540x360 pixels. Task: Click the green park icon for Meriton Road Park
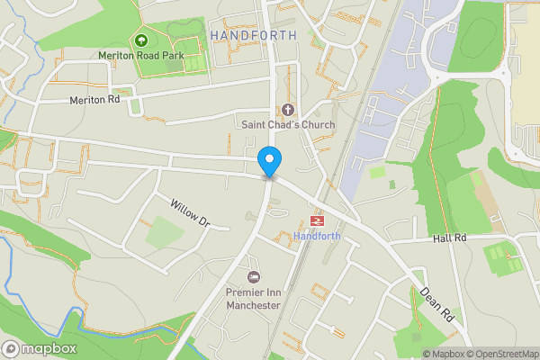[139, 40]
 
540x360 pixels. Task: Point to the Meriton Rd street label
[94, 100]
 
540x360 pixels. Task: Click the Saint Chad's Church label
[287, 124]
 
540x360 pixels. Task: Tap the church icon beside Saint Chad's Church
[287, 110]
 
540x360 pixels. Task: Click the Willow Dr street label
[190, 212]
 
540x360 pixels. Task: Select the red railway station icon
[317, 220]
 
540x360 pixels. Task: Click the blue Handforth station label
[316, 237]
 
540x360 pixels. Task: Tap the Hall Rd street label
[449, 238]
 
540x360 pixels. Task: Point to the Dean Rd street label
[436, 304]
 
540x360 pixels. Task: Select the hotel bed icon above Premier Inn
[254, 277]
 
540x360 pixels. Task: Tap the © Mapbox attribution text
[443, 354]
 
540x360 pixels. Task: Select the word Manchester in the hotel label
[253, 305]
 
